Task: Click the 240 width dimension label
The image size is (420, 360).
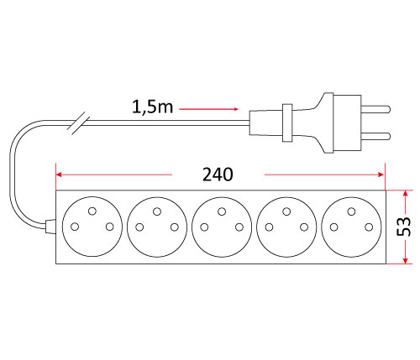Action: click(x=218, y=175)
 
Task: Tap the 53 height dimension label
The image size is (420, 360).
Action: click(x=404, y=227)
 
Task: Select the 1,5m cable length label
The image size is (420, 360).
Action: click(x=152, y=107)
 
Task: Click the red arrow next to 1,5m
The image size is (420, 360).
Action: click(x=208, y=109)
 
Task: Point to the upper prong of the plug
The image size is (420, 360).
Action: click(x=375, y=109)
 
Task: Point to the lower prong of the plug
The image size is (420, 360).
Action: click(x=375, y=136)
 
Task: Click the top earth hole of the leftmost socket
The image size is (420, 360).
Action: click(x=92, y=211)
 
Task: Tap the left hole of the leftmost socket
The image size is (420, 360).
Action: click(x=75, y=227)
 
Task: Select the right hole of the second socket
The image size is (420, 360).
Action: click(x=175, y=227)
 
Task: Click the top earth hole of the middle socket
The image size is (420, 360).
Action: click(x=222, y=211)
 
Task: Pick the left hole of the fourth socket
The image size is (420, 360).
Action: click(x=269, y=227)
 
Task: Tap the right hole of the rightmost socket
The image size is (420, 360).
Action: click(x=369, y=227)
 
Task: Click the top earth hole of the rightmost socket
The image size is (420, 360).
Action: click(x=351, y=211)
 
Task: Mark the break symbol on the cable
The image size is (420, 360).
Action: click(x=79, y=123)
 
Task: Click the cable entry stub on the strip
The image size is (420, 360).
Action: click(x=50, y=227)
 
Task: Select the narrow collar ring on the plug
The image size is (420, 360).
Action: click(x=287, y=123)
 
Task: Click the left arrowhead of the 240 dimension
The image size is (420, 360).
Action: click(x=59, y=175)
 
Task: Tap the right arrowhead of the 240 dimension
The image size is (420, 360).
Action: click(x=381, y=175)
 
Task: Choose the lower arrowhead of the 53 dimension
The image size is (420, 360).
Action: click(x=405, y=260)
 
